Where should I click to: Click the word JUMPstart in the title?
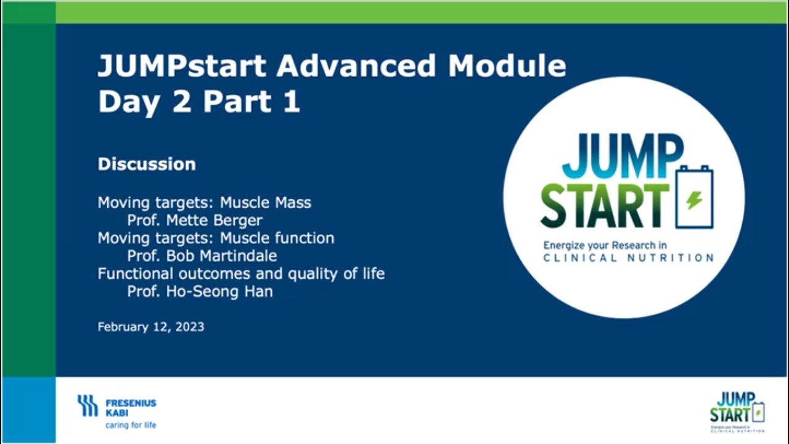pos(182,65)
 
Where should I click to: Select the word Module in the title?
pos(507,65)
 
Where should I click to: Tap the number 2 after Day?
pos(182,101)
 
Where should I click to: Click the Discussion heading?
pos(147,164)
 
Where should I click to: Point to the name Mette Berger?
pos(214,221)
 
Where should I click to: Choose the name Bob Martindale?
pos(221,256)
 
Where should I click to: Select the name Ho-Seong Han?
pos(219,292)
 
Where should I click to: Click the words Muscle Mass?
pos(266,203)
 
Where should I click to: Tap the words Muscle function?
pos(277,238)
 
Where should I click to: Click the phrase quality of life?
pos(337,274)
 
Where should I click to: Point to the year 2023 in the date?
pos(190,327)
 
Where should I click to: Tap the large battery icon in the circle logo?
pos(695,197)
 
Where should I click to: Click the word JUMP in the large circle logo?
pos(623,156)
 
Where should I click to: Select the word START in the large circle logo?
pos(605,205)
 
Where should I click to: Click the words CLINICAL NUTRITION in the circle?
pos(629,258)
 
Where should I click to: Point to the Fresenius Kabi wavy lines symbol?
pos(88,406)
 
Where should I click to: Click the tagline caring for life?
pos(131,425)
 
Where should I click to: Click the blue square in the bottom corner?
pos(28,410)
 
